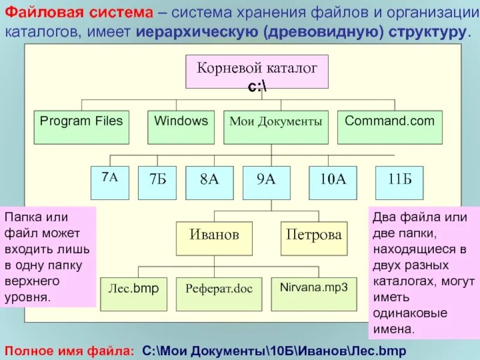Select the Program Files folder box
(x=81, y=127)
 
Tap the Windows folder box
(x=181, y=127)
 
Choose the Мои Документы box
(x=276, y=127)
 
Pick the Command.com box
(x=389, y=127)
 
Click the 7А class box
(x=109, y=182)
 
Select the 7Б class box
(x=157, y=182)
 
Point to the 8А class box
(x=209, y=182)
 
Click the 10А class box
(x=333, y=182)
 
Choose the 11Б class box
(x=399, y=182)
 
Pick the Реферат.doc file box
(x=219, y=293)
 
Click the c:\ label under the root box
(x=258, y=88)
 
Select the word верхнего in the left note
(x=31, y=281)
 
